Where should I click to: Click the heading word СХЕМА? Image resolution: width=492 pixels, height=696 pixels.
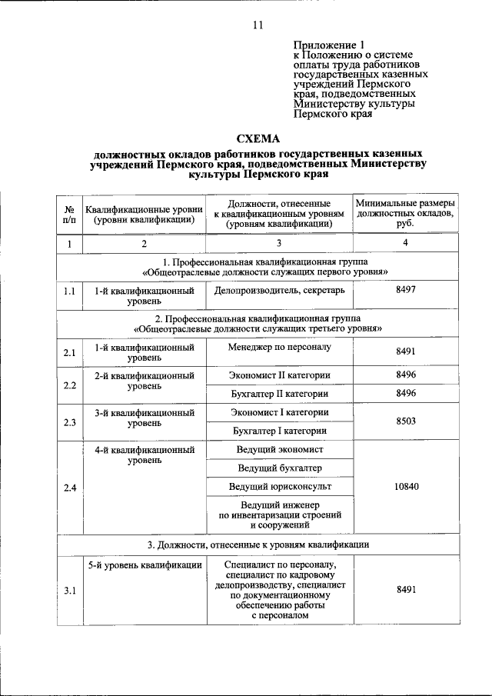258,139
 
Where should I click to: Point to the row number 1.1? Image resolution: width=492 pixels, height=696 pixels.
69,292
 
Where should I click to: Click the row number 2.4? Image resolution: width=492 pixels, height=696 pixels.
69,486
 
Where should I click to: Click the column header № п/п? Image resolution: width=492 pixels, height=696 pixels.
69,214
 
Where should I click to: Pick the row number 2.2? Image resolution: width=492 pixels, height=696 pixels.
69,385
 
